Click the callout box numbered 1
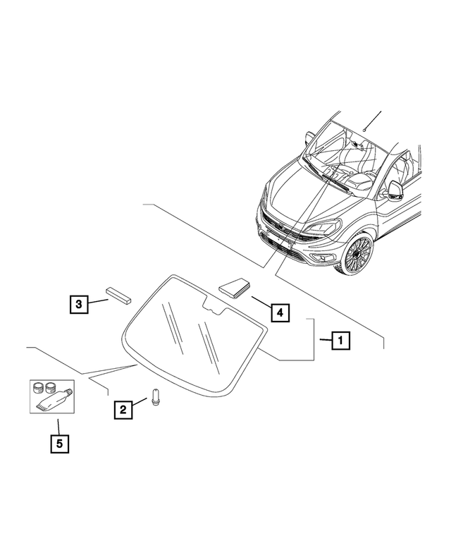pos(339,341)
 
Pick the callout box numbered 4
pos(280,311)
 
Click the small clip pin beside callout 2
pos(156,398)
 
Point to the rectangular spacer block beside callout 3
pos(120,294)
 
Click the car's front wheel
pos(358,255)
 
